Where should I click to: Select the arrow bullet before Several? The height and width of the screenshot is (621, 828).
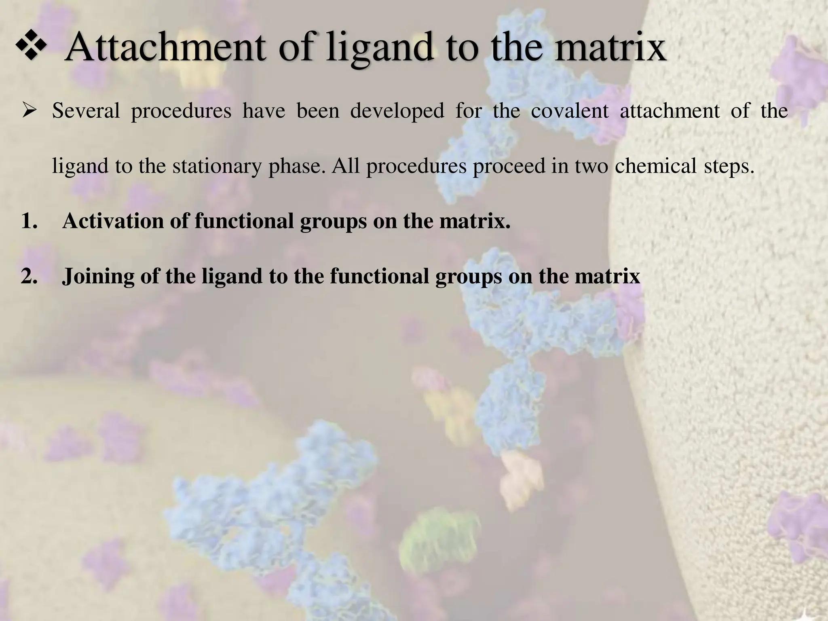click(x=31, y=111)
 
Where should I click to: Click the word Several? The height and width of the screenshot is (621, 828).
click(x=86, y=111)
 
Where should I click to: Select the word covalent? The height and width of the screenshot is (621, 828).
click(x=569, y=111)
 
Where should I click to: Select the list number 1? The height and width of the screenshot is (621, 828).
click(x=29, y=221)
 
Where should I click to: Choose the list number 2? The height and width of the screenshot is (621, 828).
click(x=29, y=277)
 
